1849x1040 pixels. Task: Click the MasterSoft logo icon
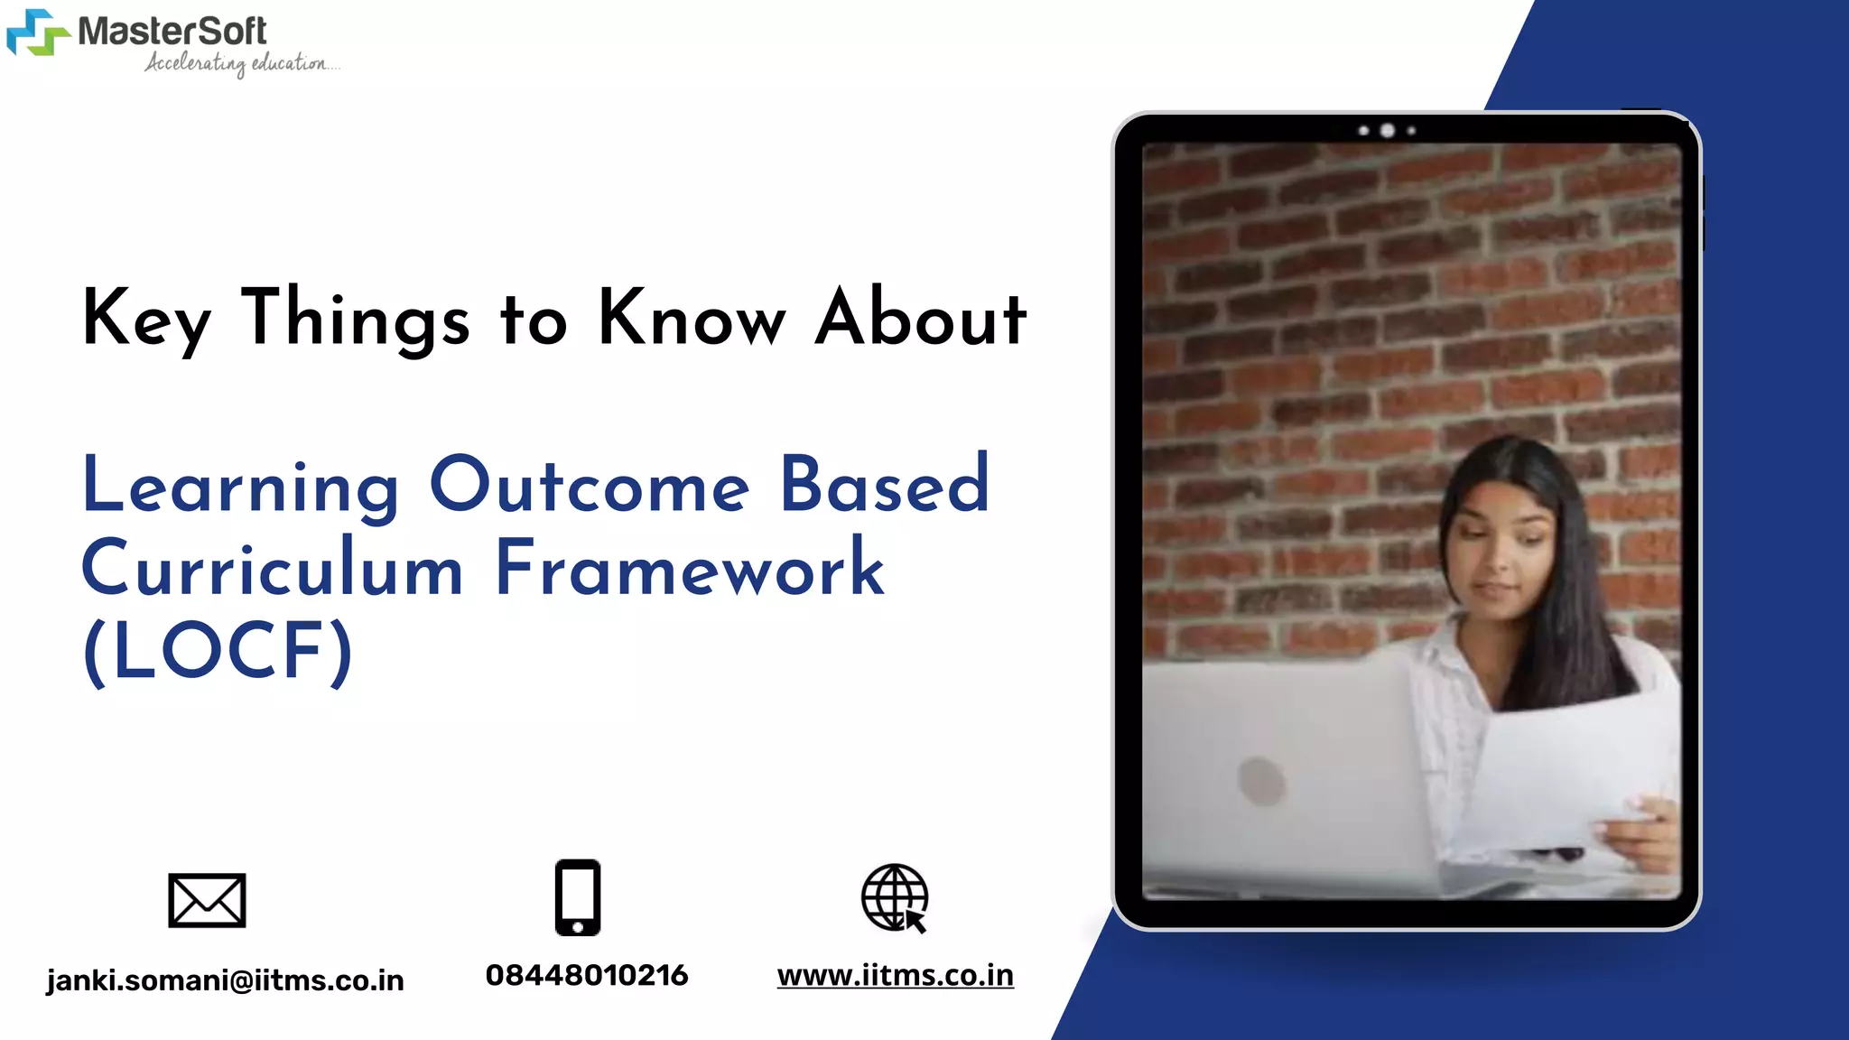(x=38, y=32)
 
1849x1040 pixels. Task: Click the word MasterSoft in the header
(x=172, y=32)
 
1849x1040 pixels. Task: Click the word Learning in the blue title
(x=240, y=487)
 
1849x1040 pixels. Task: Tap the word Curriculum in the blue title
(x=272, y=569)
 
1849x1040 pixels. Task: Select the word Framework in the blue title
(x=690, y=569)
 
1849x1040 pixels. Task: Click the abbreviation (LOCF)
(x=218, y=652)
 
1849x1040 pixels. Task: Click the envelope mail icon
(x=207, y=900)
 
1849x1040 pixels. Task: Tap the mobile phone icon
(x=578, y=897)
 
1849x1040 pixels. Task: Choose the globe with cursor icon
(x=894, y=898)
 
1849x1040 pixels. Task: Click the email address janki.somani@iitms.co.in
(x=225, y=980)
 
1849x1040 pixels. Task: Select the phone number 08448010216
(x=587, y=975)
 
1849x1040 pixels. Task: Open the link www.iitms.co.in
(x=895, y=975)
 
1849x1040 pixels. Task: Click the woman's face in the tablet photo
(x=1503, y=551)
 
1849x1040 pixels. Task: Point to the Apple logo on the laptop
(x=1261, y=780)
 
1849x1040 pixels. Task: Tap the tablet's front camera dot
(x=1388, y=131)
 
